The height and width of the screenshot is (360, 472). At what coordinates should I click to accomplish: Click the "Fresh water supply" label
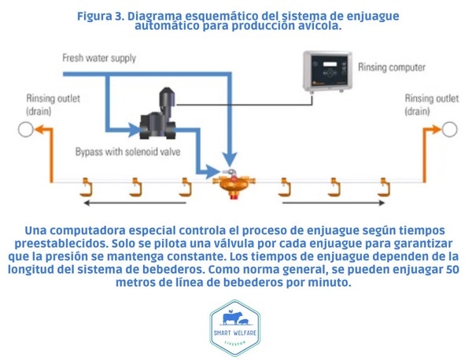(x=99, y=58)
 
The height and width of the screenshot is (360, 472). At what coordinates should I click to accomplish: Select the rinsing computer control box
(x=329, y=75)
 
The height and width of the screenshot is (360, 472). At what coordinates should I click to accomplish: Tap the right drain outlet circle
(x=449, y=128)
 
